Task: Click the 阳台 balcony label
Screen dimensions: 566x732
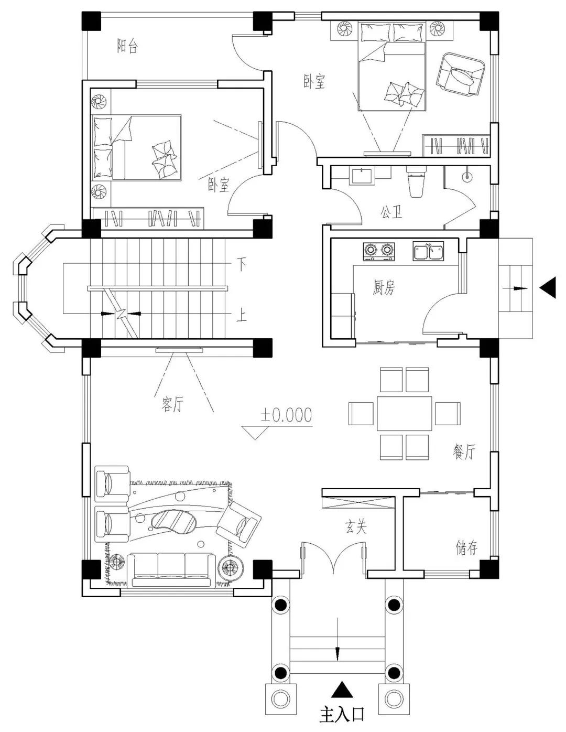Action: (x=127, y=46)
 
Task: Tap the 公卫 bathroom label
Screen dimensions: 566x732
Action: (x=391, y=212)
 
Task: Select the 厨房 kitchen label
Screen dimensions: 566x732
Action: (x=384, y=287)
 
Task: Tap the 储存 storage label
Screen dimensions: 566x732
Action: (x=466, y=547)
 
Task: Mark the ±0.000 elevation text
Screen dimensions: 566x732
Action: (x=286, y=415)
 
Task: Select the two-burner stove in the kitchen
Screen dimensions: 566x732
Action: (x=379, y=251)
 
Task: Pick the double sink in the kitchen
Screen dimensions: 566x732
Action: (x=428, y=251)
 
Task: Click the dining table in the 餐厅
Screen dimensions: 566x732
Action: (x=404, y=413)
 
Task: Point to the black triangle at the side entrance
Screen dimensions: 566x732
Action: (x=548, y=287)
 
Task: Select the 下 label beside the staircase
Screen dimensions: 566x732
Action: (x=242, y=264)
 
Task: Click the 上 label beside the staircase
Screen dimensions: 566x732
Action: (x=242, y=316)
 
